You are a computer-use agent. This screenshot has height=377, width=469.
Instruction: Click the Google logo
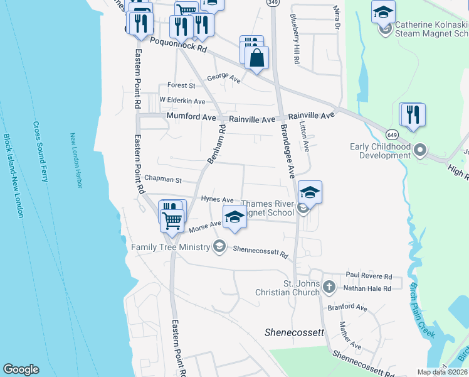(x=21, y=369)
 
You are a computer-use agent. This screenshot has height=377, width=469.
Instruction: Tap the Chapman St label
(x=162, y=180)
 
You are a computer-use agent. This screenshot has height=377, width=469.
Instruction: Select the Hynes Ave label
(x=217, y=199)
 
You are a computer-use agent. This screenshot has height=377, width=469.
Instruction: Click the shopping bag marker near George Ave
(x=256, y=58)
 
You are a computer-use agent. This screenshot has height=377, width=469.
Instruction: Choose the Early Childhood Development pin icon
(x=420, y=151)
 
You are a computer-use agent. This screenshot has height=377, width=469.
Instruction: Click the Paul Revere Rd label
(x=368, y=276)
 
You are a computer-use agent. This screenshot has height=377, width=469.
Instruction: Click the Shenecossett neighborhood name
(x=293, y=332)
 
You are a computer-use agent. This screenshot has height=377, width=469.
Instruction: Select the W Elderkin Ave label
(x=182, y=101)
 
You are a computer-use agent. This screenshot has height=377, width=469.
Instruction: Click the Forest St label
(x=181, y=85)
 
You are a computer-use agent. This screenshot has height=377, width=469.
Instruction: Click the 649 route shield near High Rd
(x=392, y=134)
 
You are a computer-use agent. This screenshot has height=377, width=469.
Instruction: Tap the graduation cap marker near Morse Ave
(x=234, y=217)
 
